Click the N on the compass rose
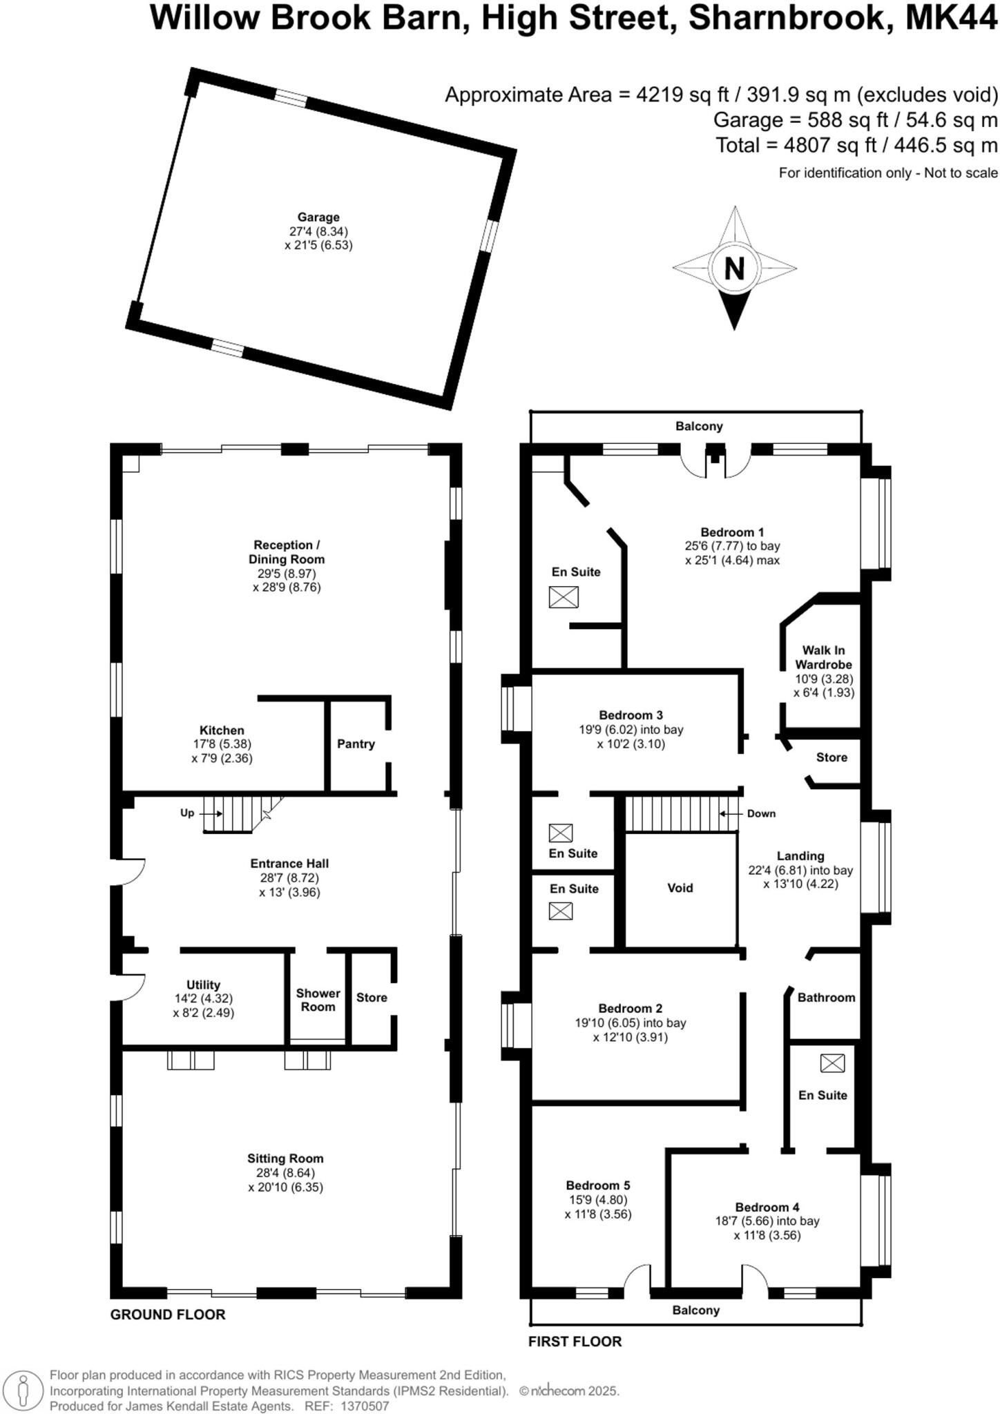(x=734, y=268)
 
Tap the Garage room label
(x=318, y=217)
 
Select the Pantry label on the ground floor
(x=356, y=744)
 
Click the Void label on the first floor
(x=680, y=888)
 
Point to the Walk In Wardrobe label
(x=823, y=657)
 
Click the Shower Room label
(x=318, y=1000)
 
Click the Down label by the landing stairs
(x=761, y=813)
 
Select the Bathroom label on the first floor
(x=826, y=997)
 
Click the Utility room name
(x=203, y=985)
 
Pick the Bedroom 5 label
(x=597, y=1185)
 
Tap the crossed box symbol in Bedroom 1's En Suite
(x=564, y=597)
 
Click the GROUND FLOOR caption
(x=168, y=1315)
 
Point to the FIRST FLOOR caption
(x=575, y=1342)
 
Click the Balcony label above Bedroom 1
(x=699, y=426)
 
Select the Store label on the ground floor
(x=372, y=997)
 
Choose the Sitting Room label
(x=285, y=1159)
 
